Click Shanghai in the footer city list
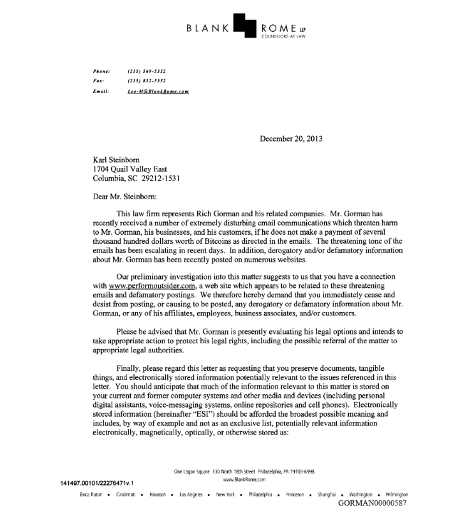[327, 494]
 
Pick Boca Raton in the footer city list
[91, 494]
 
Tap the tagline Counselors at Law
[283, 36]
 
